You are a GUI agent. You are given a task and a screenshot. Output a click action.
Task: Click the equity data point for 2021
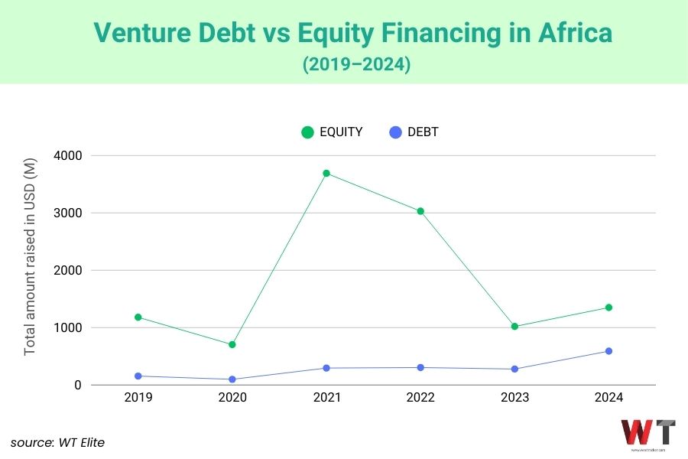326,174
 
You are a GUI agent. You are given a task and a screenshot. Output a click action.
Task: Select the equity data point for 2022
420,211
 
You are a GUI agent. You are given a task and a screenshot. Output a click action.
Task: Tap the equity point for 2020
232,344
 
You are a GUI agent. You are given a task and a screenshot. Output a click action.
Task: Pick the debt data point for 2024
608,351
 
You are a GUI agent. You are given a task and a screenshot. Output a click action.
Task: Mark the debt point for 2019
138,376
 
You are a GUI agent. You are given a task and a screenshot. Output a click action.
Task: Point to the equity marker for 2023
514,327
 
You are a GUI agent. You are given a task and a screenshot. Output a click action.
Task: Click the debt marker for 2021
326,368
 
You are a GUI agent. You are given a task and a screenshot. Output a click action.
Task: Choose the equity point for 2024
608,308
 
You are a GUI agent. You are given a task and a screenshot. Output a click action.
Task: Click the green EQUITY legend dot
308,132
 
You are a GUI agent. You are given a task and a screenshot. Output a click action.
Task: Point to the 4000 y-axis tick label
68,155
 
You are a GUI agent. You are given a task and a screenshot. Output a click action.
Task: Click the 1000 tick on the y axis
68,328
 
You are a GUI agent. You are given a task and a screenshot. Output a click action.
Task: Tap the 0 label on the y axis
78,386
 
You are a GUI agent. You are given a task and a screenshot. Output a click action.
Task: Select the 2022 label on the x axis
420,398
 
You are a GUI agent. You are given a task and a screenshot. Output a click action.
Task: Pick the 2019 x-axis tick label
138,398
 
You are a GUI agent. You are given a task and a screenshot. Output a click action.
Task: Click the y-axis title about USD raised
31,260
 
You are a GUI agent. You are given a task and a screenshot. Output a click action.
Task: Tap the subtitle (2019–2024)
357,65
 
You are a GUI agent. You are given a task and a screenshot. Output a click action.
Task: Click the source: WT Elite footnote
57,441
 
